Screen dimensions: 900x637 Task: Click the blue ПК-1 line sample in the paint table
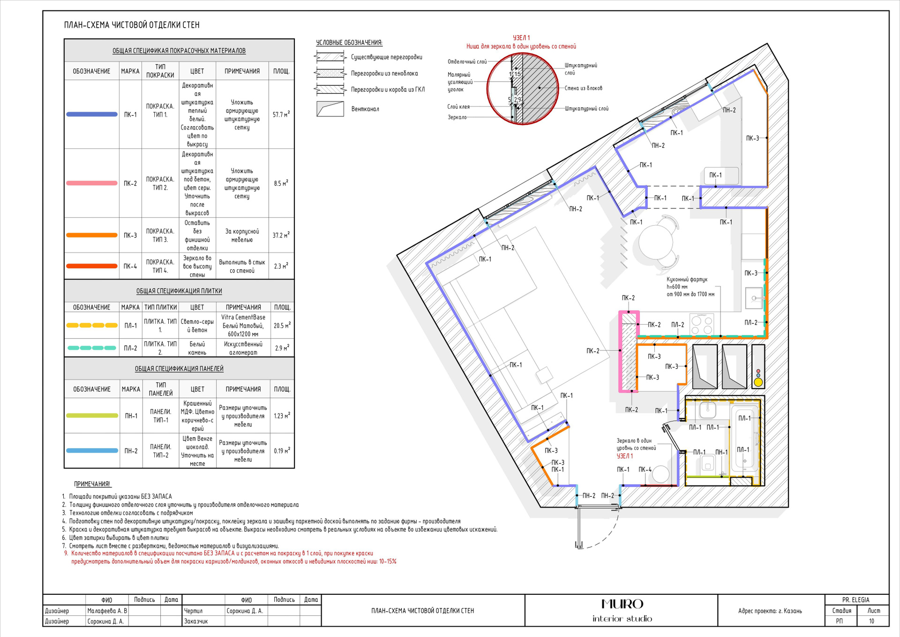tap(92, 114)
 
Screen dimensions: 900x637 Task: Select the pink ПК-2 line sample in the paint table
tap(92, 183)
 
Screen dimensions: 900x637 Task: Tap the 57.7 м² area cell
tap(281, 114)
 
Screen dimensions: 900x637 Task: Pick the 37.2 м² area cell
tap(281, 235)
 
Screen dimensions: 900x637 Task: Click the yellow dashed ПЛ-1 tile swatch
tap(92, 326)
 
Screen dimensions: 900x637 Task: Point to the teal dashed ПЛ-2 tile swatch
tap(92, 348)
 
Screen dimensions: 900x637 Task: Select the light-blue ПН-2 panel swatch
tap(92, 451)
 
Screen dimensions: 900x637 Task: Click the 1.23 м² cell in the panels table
tap(282, 416)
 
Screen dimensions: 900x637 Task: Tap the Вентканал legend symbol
tap(330, 109)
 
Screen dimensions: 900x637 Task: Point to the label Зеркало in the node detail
tap(457, 117)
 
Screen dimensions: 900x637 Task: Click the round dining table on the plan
tap(656, 242)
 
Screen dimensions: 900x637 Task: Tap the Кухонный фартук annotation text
tap(687, 280)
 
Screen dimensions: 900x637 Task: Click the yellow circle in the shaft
tap(758, 382)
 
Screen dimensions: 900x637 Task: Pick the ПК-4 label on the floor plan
tap(645, 470)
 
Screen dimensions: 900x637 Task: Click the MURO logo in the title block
tap(622, 604)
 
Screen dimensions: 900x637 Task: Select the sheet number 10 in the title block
tap(871, 621)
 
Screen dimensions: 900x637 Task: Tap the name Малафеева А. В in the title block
tap(107, 611)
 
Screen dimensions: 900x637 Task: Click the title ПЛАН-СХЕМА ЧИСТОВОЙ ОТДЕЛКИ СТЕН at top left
tap(132, 25)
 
